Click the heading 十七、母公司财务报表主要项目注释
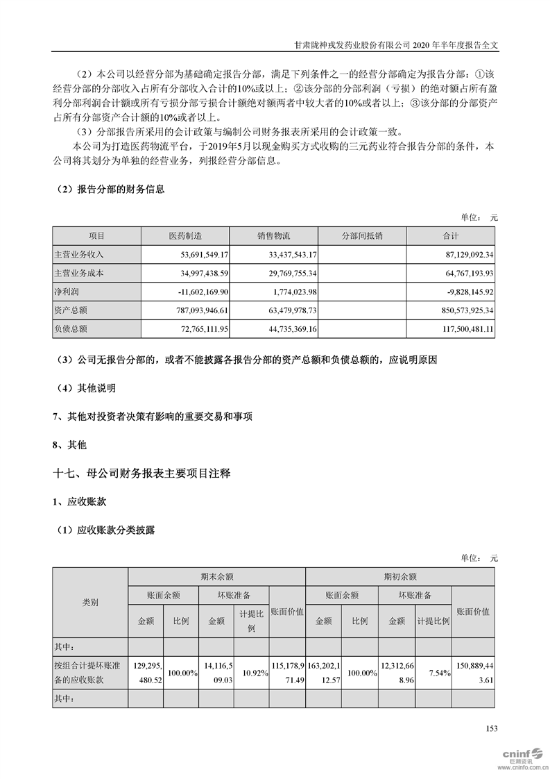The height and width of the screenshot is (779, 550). (141, 474)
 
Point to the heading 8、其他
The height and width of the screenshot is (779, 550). (70, 444)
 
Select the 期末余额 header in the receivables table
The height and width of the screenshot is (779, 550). (216, 576)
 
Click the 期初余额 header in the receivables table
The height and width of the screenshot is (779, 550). (400, 576)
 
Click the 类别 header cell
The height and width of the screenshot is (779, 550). (90, 603)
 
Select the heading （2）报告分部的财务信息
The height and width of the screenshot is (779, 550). (109, 189)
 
